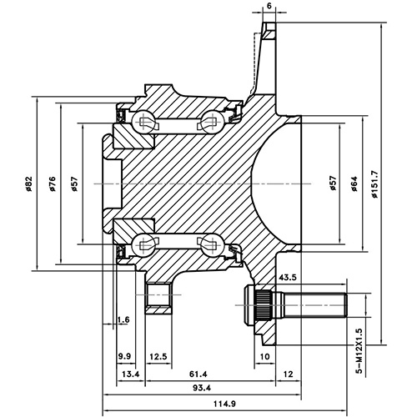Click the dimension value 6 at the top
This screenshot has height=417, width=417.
(269, 7)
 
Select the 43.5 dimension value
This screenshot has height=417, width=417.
(289, 277)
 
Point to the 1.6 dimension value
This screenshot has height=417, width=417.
(124, 319)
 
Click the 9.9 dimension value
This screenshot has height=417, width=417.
(124, 356)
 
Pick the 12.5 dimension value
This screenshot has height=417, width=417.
(158, 356)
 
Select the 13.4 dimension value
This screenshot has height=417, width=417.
(131, 374)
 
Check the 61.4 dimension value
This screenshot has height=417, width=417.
(198, 374)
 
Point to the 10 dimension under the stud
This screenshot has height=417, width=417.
(264, 356)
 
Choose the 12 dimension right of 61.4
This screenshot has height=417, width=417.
(289, 374)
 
